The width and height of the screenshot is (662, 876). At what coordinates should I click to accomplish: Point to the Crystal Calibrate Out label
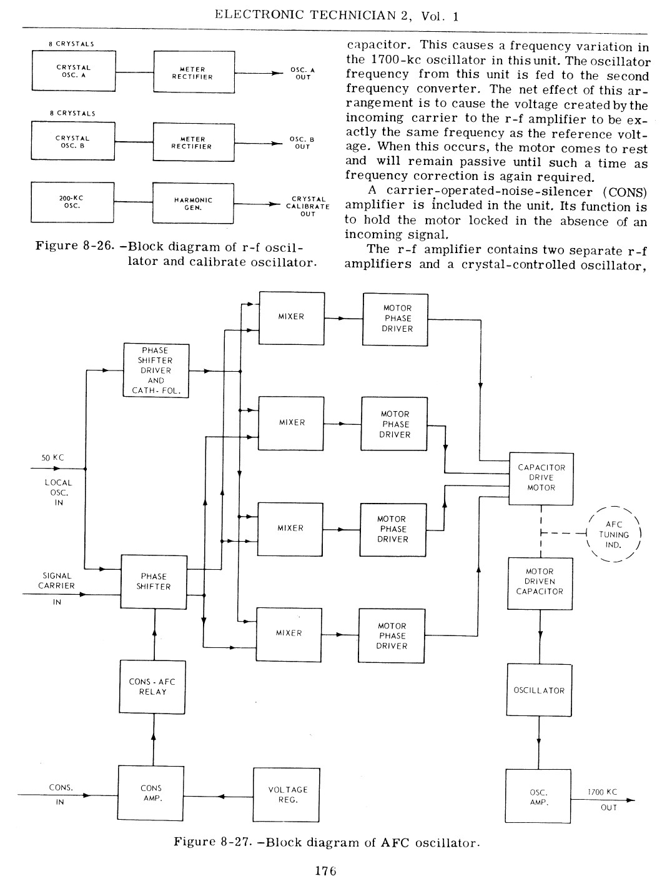(x=308, y=206)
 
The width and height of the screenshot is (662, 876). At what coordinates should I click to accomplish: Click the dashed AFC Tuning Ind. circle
(x=614, y=507)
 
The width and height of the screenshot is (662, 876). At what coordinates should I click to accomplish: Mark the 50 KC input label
(x=52, y=458)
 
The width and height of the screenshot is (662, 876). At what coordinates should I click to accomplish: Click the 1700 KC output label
(x=602, y=792)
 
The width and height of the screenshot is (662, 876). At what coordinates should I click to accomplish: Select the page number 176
(x=326, y=870)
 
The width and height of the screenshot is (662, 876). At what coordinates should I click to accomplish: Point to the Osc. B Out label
(x=302, y=143)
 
